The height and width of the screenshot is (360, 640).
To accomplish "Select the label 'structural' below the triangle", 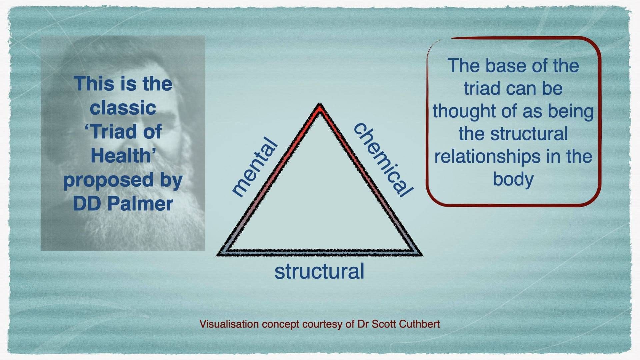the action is [319, 271].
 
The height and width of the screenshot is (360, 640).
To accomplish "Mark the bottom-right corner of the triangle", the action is [421, 254].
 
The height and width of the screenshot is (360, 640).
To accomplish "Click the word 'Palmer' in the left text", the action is [140, 204].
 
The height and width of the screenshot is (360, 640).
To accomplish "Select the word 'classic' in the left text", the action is [123, 108].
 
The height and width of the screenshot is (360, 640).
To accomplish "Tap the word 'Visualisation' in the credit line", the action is [229, 324].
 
